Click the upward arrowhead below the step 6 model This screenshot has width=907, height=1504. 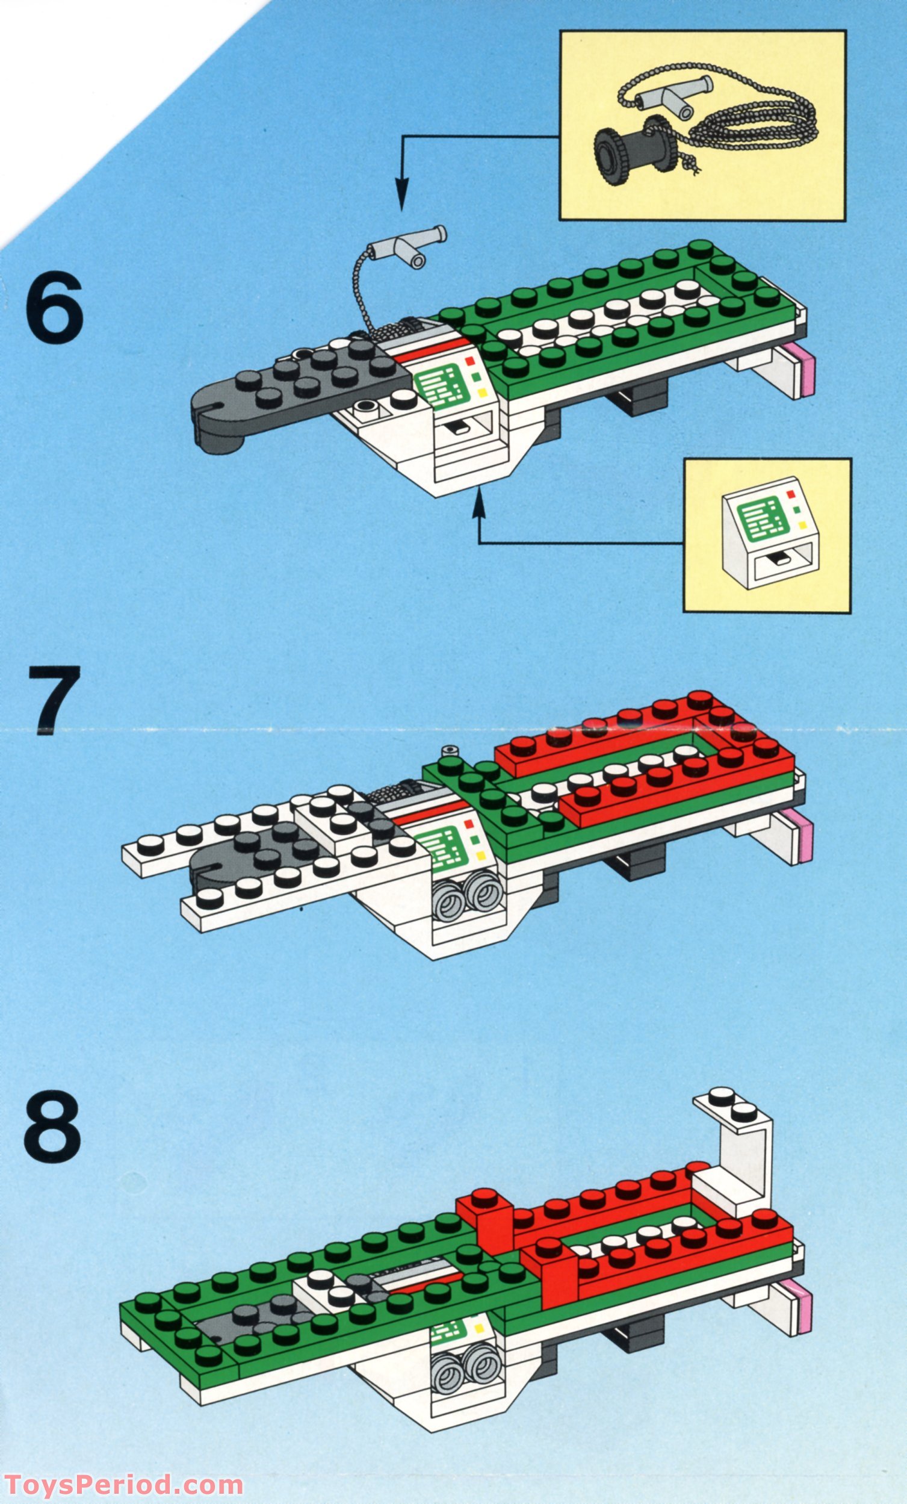tap(478, 499)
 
